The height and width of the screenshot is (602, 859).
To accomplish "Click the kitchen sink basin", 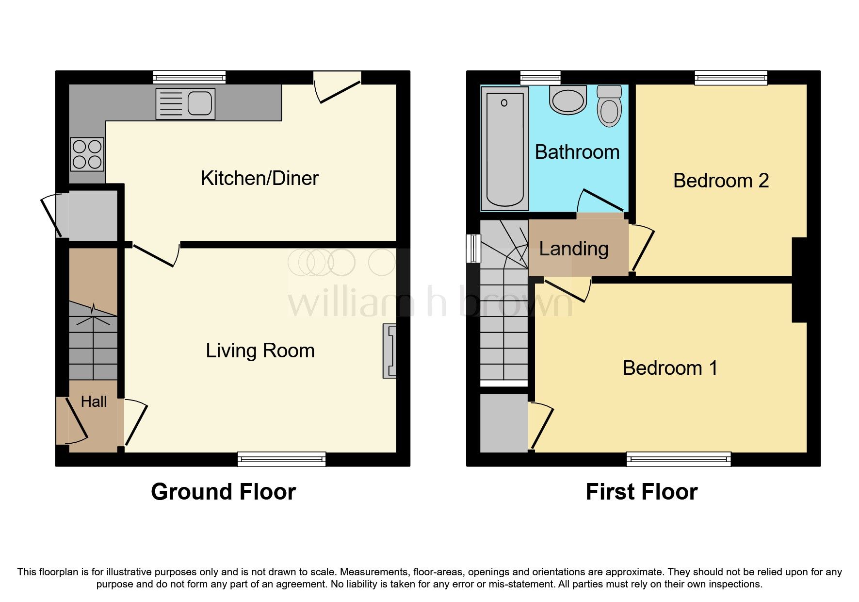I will tap(199, 103).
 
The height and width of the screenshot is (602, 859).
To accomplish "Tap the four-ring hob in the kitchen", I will tap(87, 154).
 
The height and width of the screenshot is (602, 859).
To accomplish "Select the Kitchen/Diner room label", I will tap(259, 178).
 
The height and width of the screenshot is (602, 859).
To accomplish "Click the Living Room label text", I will tap(260, 351).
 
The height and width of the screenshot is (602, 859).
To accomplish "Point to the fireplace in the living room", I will tap(389, 351).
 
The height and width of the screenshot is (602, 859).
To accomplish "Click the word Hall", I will tap(94, 401).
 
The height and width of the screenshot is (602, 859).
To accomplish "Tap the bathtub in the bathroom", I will tap(504, 149).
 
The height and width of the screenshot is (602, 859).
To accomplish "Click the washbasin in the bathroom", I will tap(567, 100).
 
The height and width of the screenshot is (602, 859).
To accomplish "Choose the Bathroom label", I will tap(577, 152).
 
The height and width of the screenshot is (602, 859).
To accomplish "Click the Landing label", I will tap(573, 249).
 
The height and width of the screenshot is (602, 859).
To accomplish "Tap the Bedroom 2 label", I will tap(721, 181).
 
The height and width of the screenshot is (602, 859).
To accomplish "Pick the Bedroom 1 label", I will tap(670, 368).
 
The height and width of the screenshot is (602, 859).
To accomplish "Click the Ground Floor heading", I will tap(223, 492).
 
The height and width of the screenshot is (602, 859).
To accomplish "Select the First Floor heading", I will tap(641, 492).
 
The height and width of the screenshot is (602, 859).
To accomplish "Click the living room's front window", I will tap(281, 459).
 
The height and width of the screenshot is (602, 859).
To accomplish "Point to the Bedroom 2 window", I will tap(731, 78).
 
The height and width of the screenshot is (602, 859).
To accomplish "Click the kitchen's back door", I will tap(338, 88).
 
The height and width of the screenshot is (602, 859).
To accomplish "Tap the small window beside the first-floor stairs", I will tap(473, 249).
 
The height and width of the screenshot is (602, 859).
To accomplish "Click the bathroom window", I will tap(540, 78).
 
